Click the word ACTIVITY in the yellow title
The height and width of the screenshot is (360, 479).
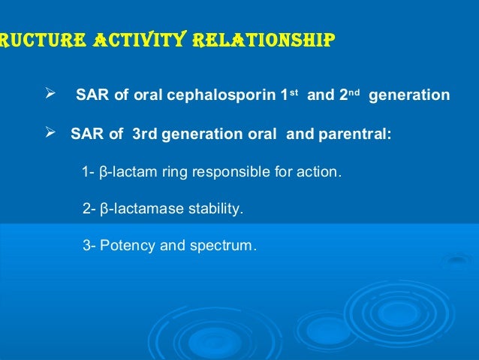pos(140,39)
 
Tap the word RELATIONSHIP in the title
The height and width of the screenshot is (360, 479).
pos(264,40)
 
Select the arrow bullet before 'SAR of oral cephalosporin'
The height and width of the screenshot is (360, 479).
pos(50,93)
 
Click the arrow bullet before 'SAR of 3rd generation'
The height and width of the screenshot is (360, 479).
pos(50,132)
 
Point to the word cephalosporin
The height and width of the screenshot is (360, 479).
pos(221,95)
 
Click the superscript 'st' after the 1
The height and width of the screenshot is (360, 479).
pos(294,92)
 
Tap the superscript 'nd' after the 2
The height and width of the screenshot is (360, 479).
pos(354,92)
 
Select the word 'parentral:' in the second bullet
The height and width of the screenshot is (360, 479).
pos(354,135)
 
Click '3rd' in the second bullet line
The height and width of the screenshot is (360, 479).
pos(145,134)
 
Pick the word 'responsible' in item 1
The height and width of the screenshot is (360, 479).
pos(231,172)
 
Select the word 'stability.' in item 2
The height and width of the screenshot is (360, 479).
pos(215,209)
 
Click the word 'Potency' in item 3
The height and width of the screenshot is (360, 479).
pos(128,246)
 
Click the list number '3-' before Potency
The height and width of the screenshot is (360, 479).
pos(89,246)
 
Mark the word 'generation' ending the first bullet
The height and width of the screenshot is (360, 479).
pos(409,95)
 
